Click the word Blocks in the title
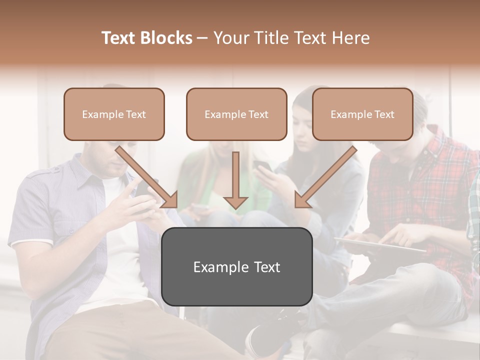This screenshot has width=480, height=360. pos(166,38)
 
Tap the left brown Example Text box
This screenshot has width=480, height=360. pos(114,114)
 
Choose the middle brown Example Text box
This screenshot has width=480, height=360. pos(236,114)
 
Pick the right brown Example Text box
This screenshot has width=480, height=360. pos(362,114)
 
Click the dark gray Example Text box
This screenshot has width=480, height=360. pos(237,266)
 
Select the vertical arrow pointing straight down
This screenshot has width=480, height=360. pos(235,180)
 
